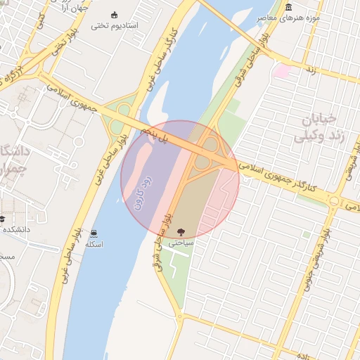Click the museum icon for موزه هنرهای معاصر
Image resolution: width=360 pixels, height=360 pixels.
pos(290,8)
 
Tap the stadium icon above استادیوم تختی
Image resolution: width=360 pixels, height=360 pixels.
pos(115,15)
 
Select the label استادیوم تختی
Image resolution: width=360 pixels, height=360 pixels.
pos(115,26)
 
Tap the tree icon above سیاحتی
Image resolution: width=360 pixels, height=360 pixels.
pos(181,231)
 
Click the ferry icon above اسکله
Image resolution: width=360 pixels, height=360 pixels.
pos(94,233)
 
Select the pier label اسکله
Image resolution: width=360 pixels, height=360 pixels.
pos(94,244)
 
